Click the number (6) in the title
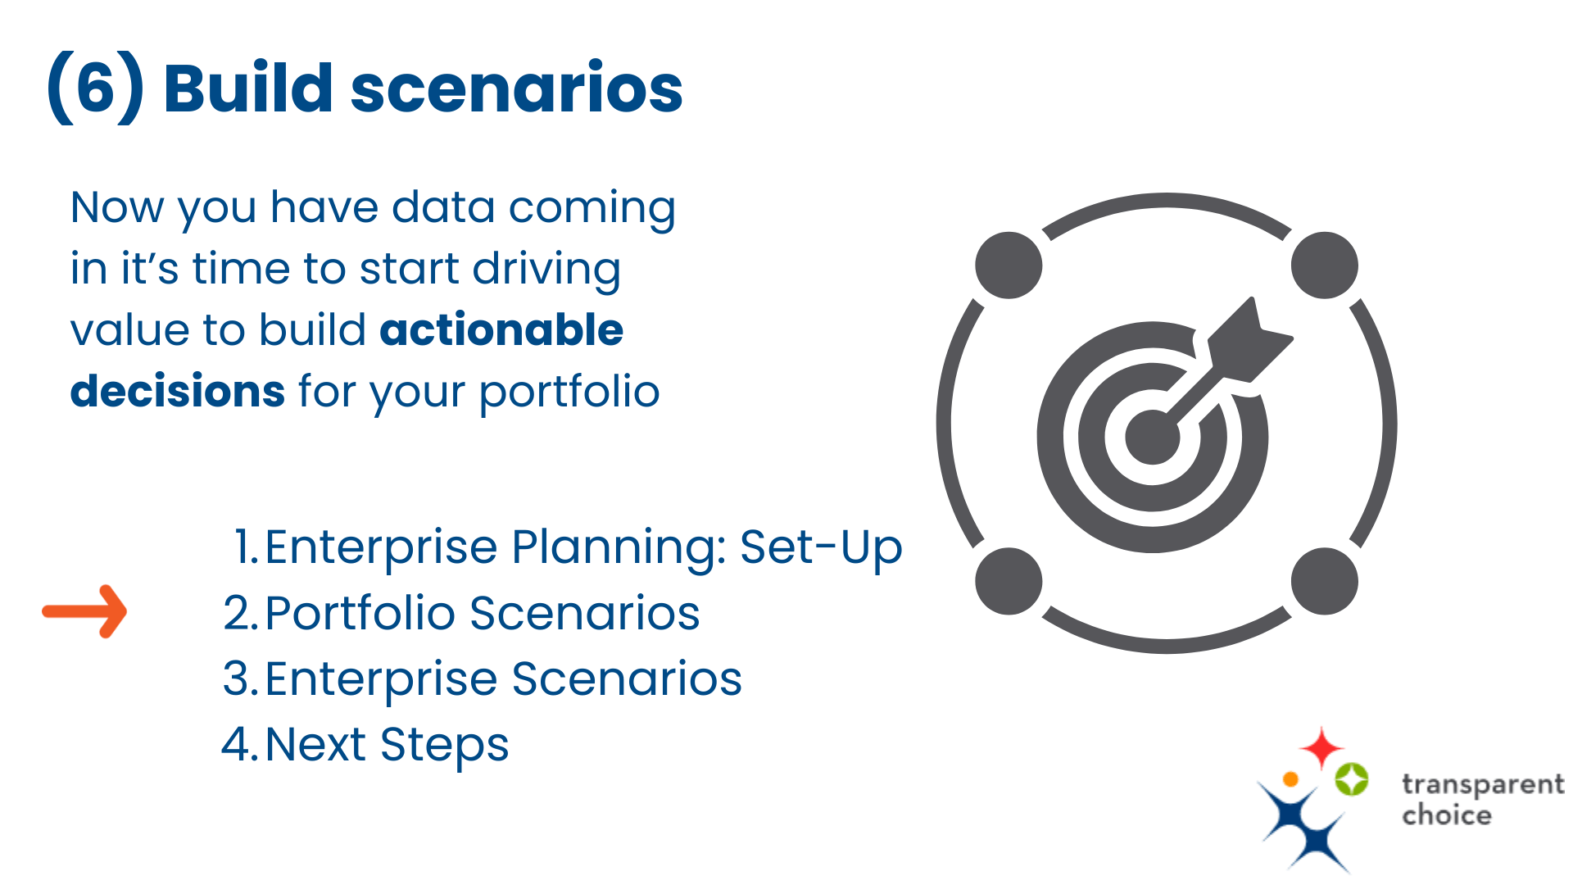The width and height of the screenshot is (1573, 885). [95, 88]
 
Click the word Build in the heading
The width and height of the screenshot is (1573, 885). [247, 88]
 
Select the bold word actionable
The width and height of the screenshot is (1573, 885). [501, 330]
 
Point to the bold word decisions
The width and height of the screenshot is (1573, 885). [177, 391]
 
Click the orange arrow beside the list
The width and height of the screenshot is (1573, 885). [85, 611]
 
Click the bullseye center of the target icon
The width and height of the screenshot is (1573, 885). [1152, 437]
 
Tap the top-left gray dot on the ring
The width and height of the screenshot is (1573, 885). [1009, 265]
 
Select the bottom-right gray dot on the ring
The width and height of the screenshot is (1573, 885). [1324, 581]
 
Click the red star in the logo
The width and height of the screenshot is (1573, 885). [1321, 747]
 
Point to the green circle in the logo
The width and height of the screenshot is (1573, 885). [1351, 778]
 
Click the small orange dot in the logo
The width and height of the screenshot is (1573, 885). [1290, 778]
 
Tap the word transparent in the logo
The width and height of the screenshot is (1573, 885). [1482, 784]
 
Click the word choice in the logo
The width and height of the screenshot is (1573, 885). [1446, 815]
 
